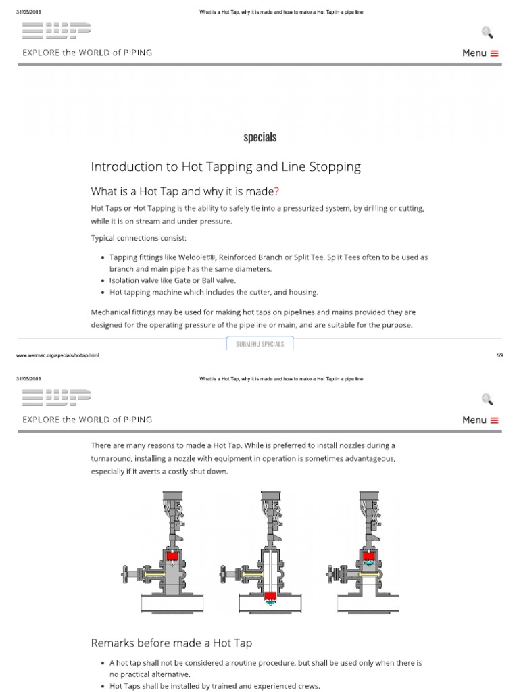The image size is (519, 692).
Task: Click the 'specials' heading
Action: click(x=259, y=137)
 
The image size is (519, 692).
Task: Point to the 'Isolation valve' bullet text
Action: click(x=137, y=280)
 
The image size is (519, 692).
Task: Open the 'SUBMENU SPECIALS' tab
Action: click(x=259, y=344)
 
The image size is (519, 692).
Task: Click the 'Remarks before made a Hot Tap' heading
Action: click(x=172, y=642)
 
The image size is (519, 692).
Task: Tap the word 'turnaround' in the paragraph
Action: click(x=111, y=459)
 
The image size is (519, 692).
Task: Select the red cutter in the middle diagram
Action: click(x=271, y=596)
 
